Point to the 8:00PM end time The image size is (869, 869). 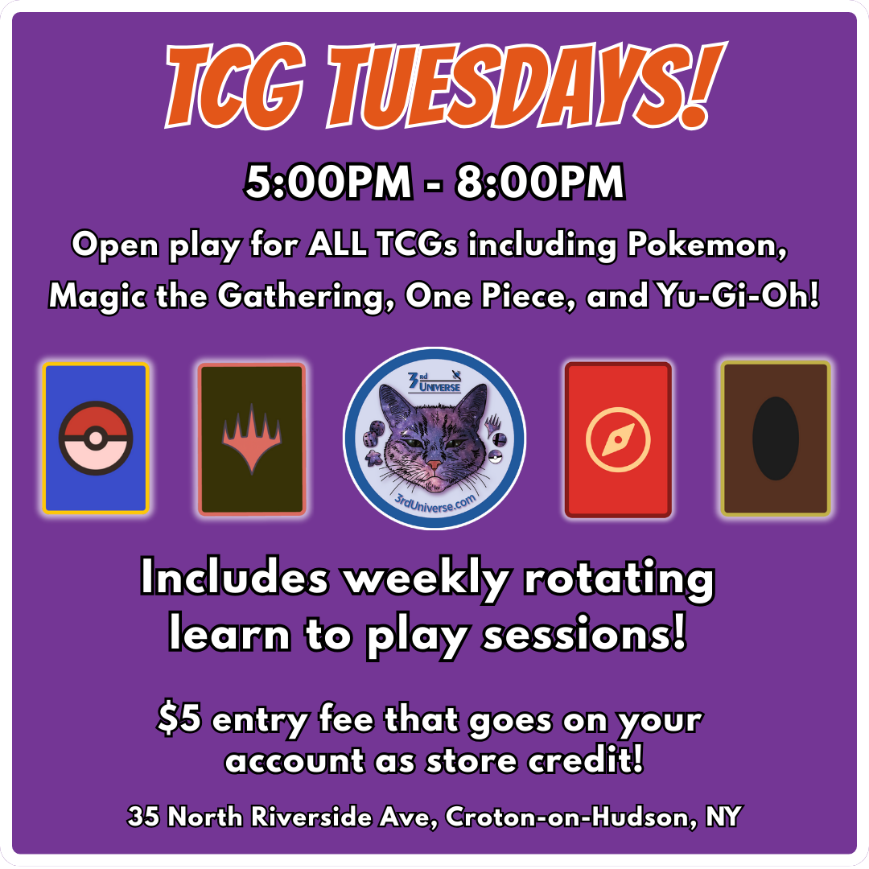click(x=540, y=184)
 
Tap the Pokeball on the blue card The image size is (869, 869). click(x=96, y=439)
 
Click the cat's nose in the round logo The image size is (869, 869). click(x=434, y=466)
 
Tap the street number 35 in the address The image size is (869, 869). click(x=143, y=818)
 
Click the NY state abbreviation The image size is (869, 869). click(x=723, y=818)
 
